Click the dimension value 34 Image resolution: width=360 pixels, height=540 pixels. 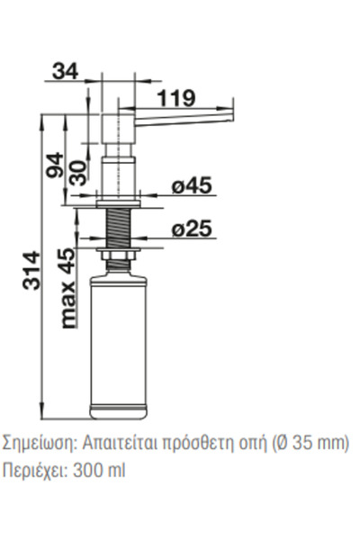click(65, 72)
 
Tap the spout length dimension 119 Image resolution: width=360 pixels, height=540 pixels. click(176, 98)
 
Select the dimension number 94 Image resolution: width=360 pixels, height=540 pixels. click(55, 165)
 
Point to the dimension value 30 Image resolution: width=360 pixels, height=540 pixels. click(79, 173)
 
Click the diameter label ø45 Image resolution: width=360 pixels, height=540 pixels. click(192, 185)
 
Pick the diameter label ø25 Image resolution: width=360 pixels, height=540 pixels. click(192, 229)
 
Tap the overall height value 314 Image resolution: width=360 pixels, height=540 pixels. click(31, 270)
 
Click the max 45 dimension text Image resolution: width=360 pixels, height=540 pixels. click(67, 288)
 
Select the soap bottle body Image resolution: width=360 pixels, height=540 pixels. click(119, 346)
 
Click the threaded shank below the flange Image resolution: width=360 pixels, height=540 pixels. click(118, 228)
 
